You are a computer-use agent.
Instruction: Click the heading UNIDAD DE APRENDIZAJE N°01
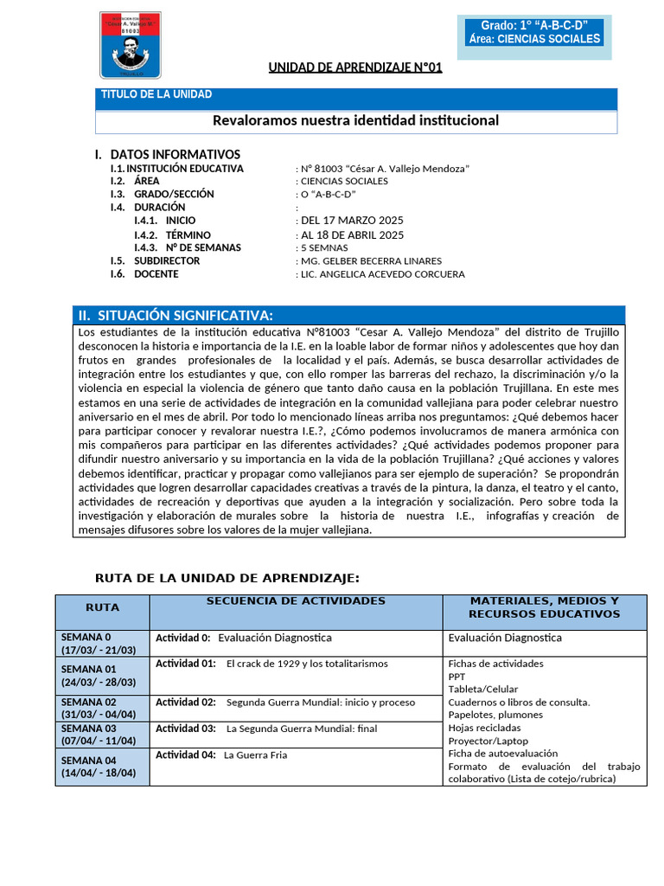pos(354,67)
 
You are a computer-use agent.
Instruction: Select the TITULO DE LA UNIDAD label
pos(156,94)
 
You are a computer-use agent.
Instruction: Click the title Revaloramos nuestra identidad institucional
pos(355,120)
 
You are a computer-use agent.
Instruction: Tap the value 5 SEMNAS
pos(324,247)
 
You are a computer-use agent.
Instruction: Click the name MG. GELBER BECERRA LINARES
pos(370,260)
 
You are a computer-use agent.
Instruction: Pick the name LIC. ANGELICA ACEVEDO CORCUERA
pos(381,274)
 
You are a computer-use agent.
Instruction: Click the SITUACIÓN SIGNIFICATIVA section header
pos(188,315)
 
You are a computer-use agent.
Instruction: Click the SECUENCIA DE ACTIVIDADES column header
pos(296,600)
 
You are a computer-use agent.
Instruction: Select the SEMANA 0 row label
pos(99,644)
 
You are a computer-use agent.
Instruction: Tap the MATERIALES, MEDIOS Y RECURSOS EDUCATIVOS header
pos(544,607)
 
